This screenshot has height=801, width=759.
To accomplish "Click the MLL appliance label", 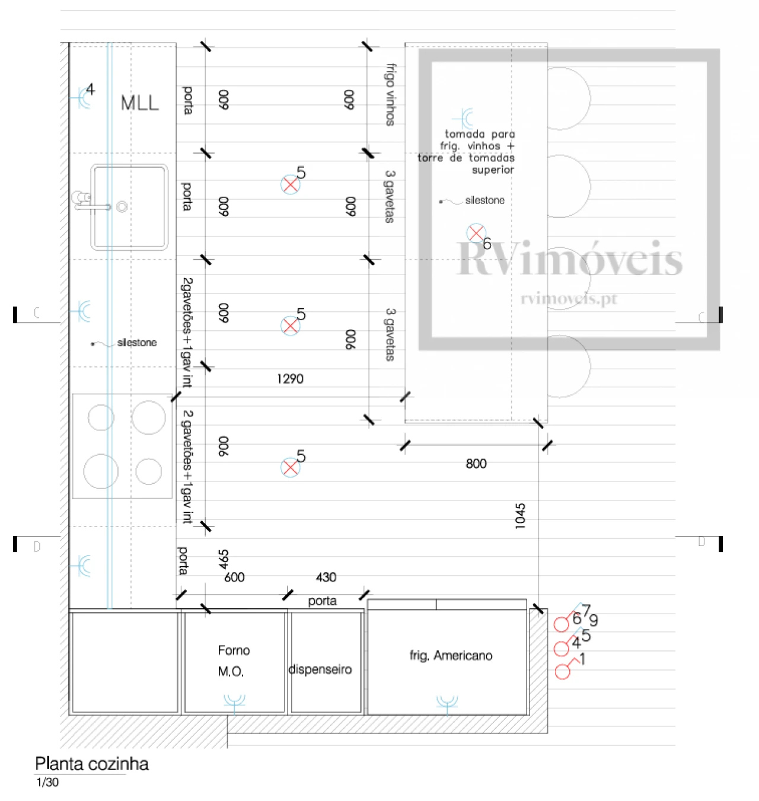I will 140,103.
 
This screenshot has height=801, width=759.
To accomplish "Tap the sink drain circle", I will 122,207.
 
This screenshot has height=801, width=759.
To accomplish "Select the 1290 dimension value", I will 290,379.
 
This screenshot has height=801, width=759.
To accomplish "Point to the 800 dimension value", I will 476,464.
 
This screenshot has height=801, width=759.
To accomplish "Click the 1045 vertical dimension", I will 520,516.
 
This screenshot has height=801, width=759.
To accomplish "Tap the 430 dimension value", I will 326,577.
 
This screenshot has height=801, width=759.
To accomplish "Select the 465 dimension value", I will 223,559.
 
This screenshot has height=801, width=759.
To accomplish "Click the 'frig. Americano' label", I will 451,656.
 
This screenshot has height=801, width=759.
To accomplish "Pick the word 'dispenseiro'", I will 320,669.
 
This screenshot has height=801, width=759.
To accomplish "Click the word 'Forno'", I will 234,650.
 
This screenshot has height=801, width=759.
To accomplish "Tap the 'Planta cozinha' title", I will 92,764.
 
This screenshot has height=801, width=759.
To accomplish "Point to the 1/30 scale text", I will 47,783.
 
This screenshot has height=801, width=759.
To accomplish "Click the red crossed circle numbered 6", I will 476,232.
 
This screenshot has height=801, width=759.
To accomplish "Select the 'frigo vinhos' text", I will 390,95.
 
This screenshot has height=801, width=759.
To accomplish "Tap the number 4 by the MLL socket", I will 90,90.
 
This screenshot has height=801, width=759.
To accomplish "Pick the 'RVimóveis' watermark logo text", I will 569,259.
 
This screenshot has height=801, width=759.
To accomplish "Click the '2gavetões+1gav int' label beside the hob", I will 187,467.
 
